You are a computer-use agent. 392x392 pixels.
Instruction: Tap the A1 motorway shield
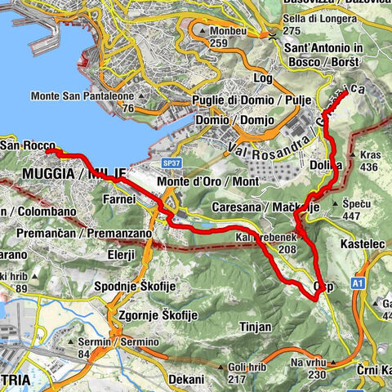pos(359,281)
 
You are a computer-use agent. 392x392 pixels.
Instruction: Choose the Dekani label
pos(187,380)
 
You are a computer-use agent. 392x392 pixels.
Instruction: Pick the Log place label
pos(263,77)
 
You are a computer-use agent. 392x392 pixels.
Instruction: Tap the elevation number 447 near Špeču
pos(352,216)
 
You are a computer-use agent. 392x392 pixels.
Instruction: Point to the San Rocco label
pos(27,145)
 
